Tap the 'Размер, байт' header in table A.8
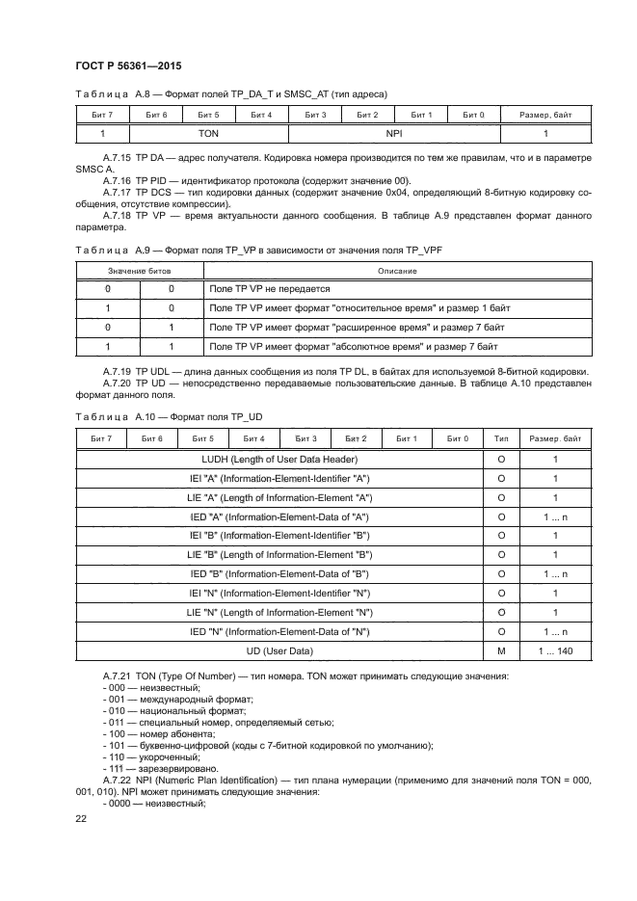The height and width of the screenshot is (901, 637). pyautogui.click(x=545, y=115)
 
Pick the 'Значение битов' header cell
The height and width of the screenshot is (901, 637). pyautogui.click(x=139, y=271)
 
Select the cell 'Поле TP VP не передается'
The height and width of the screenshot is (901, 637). pyautogui.click(x=270, y=289)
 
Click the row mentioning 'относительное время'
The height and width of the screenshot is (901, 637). pyautogui.click(x=358, y=308)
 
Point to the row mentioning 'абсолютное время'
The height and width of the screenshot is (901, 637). pyautogui.click(x=354, y=346)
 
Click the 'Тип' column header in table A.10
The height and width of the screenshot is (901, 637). pyautogui.click(x=501, y=438)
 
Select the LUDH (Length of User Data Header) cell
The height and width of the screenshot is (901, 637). pyautogui.click(x=279, y=460)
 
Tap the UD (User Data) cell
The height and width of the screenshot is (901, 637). pyautogui.click(x=279, y=651)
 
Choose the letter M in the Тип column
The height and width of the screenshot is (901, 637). pyautogui.click(x=501, y=651)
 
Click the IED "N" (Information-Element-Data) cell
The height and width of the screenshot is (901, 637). pyautogui.click(x=279, y=632)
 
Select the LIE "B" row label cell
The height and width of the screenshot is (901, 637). pyautogui.click(x=279, y=555)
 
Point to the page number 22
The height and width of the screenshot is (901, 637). pyautogui.click(x=82, y=818)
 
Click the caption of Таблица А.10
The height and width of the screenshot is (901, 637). pyautogui.click(x=169, y=416)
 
